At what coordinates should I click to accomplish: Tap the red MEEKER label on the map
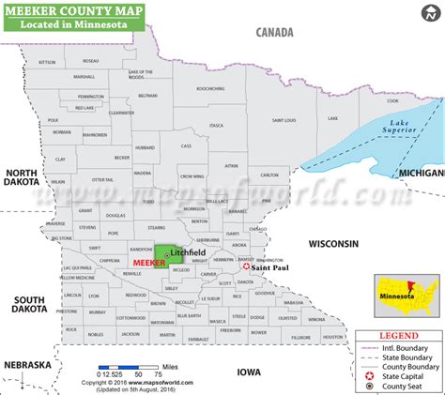pyautogui.click(x=149, y=264)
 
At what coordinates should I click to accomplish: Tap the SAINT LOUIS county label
pyautogui.click(x=284, y=120)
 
